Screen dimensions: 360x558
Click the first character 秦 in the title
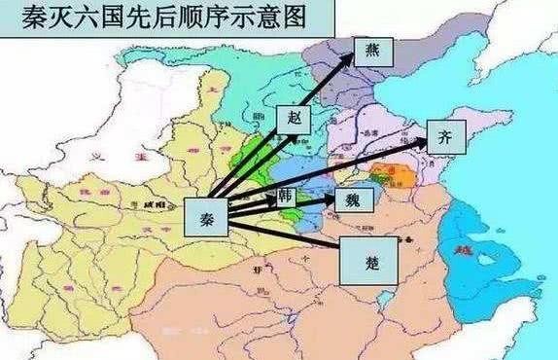pos(19,19)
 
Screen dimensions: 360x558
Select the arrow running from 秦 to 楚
pos(282,237)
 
